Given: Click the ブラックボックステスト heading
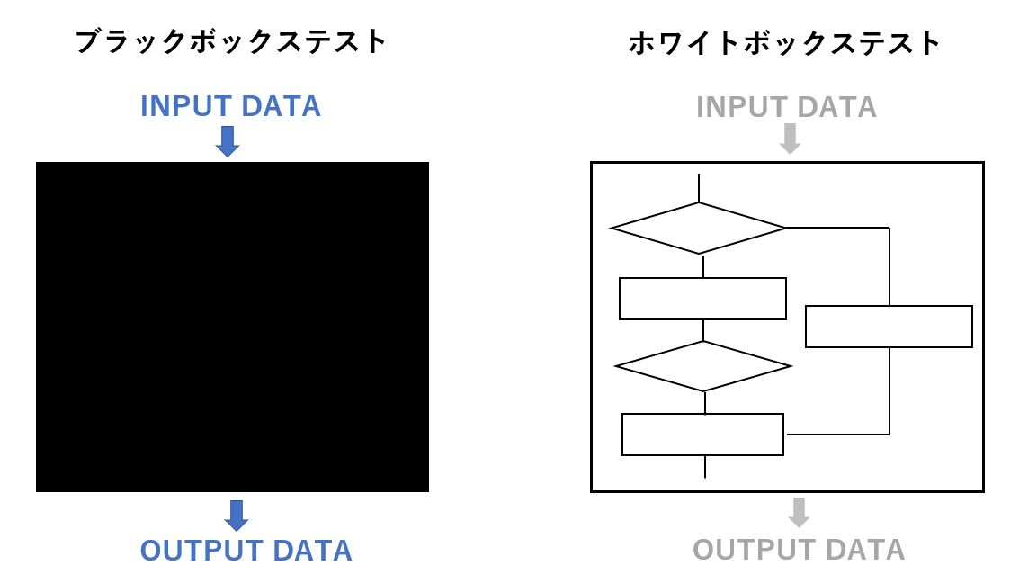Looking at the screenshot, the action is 231,41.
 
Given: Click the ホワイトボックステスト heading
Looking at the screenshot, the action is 784,43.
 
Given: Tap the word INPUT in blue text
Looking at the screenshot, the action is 185,106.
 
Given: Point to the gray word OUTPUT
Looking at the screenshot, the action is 754,550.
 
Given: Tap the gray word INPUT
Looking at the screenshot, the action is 741,107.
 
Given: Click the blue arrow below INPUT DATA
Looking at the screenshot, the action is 228,141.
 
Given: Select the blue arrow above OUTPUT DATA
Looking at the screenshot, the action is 237,516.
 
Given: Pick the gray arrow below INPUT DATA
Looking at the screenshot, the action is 790,139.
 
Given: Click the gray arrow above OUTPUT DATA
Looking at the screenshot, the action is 799,513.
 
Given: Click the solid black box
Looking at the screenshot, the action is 232,327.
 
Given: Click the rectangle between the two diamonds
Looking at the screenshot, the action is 702,279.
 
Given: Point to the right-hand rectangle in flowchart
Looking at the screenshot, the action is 889,306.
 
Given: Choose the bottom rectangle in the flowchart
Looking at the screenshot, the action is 702,415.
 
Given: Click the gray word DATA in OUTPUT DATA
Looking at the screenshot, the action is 865,550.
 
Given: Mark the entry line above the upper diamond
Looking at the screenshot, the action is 699,187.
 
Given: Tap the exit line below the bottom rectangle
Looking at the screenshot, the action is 705,466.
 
